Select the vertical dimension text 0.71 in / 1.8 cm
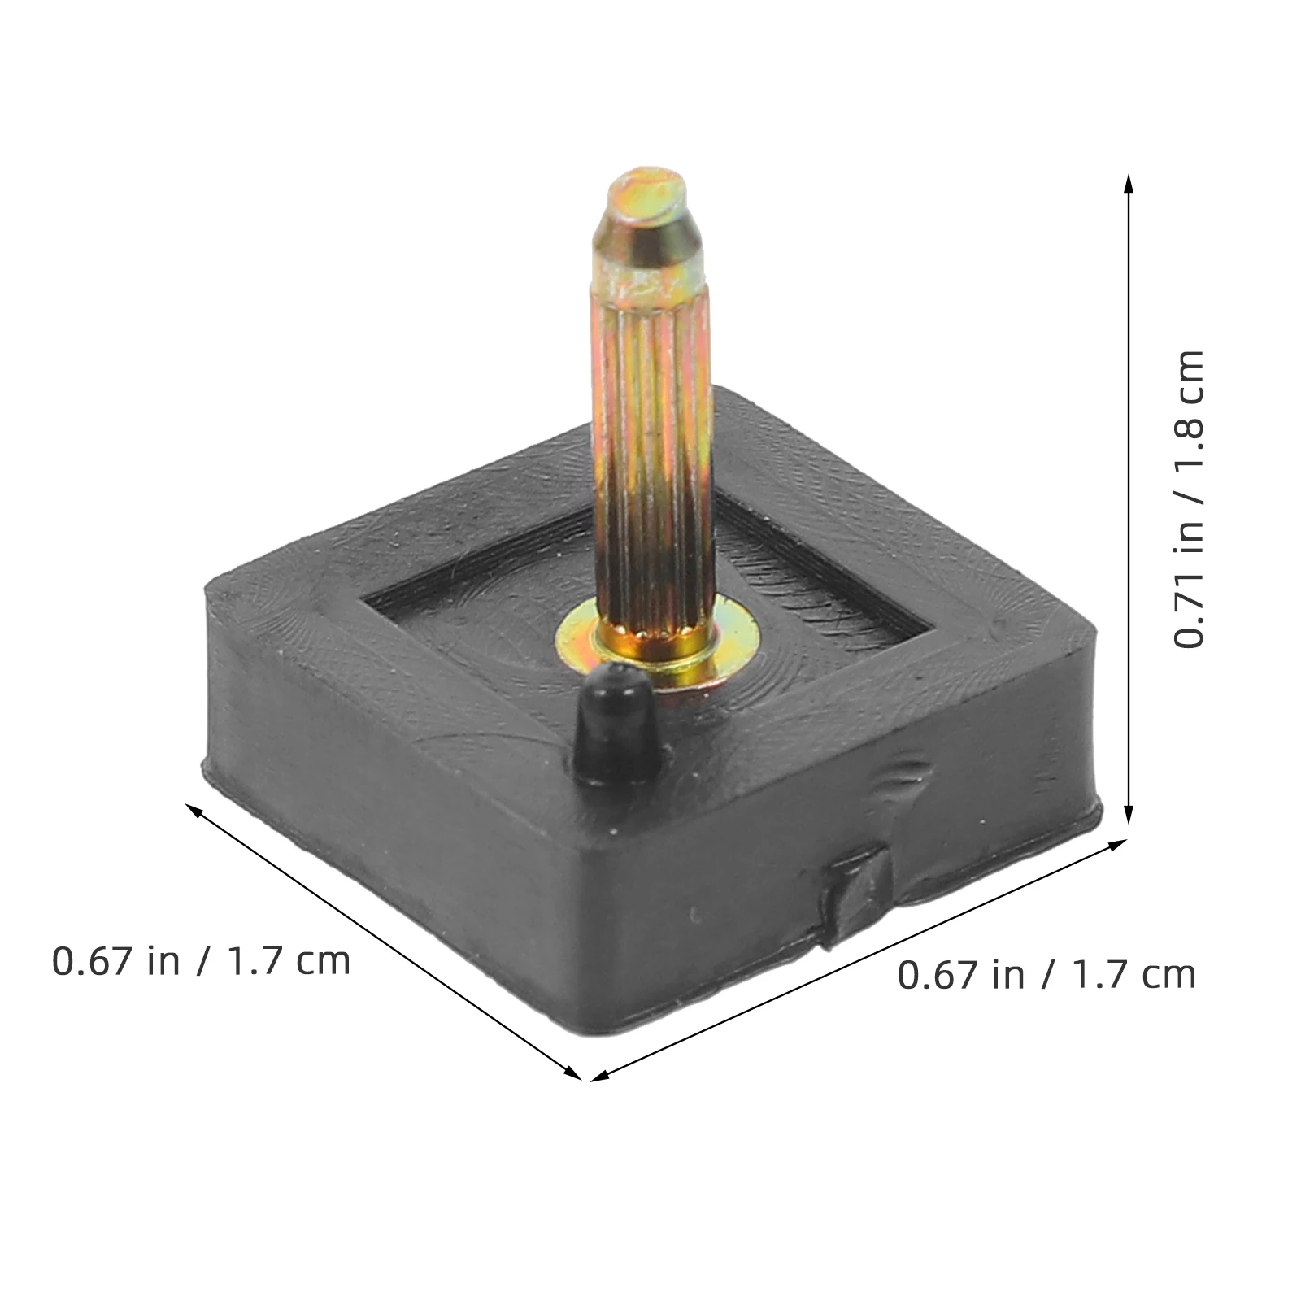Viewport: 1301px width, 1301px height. [1188, 498]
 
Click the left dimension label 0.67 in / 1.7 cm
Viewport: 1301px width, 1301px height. [201, 961]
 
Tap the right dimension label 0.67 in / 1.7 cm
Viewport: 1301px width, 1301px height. [1046, 974]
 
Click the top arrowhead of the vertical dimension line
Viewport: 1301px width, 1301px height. [1128, 182]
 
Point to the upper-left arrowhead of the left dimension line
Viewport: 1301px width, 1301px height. [194, 809]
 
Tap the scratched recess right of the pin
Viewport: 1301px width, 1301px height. [805, 577]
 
